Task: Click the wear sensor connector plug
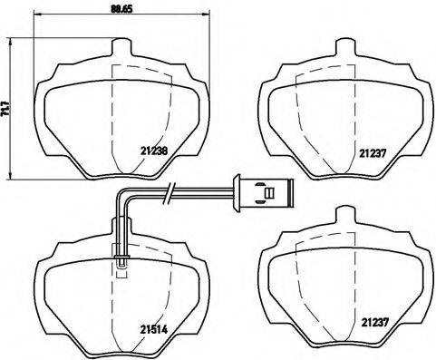(x=264, y=192)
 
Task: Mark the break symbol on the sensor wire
(x=169, y=192)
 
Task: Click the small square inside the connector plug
(x=267, y=192)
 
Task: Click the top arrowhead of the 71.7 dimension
(x=10, y=40)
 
